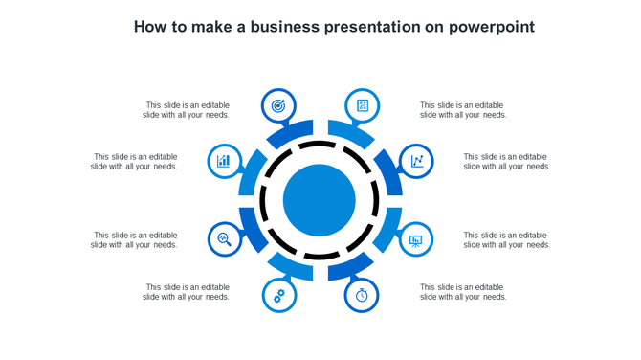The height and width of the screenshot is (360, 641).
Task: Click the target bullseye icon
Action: [278, 105]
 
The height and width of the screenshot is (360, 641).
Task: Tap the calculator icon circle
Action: [363, 105]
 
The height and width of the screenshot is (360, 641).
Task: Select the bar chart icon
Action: [224, 161]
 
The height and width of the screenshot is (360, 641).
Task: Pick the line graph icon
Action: [417, 161]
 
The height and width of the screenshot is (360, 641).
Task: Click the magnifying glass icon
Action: [224, 238]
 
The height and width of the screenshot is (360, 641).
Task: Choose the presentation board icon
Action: [416, 239]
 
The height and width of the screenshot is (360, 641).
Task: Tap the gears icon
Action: [278, 295]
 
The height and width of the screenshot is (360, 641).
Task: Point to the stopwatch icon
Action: [362, 295]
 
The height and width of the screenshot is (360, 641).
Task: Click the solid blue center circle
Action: [320, 200]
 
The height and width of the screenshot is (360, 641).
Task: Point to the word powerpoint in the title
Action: [491, 27]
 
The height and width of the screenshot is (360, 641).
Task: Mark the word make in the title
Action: [210, 27]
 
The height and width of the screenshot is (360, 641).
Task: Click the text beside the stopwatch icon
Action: [463, 292]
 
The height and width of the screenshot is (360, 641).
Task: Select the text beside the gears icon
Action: [187, 292]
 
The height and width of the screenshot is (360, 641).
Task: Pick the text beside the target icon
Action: [187, 110]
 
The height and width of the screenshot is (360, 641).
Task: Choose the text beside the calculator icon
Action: [463, 110]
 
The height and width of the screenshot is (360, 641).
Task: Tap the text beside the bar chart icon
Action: [134, 161]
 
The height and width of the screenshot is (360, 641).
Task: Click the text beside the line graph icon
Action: [507, 161]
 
